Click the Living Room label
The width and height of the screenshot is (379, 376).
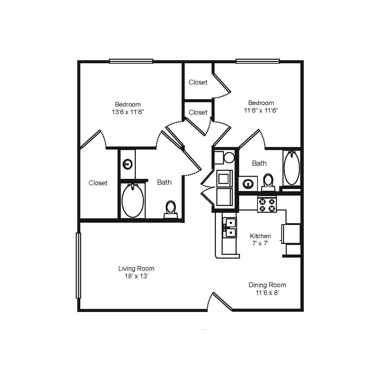coord(136,268)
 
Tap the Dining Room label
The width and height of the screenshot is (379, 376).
coord(267,285)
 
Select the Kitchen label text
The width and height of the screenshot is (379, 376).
coord(260,236)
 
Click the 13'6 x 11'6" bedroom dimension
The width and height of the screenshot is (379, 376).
coord(128,112)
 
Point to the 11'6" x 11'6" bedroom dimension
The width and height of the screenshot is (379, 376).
coord(261,111)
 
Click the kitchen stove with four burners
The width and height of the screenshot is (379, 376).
coord(267,205)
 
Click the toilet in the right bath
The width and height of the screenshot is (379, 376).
coord(268,182)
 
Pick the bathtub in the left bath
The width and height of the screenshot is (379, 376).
coord(132,200)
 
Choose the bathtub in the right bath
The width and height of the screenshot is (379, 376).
coord(292,168)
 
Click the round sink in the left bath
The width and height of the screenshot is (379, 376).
coord(127,164)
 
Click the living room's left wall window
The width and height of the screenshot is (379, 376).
coord(79,266)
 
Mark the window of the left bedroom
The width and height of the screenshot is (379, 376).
coord(131,61)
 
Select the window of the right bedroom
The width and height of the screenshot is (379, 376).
coord(258,61)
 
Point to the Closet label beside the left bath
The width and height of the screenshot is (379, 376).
coord(98,183)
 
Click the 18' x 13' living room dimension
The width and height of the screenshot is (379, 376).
coord(136,276)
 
